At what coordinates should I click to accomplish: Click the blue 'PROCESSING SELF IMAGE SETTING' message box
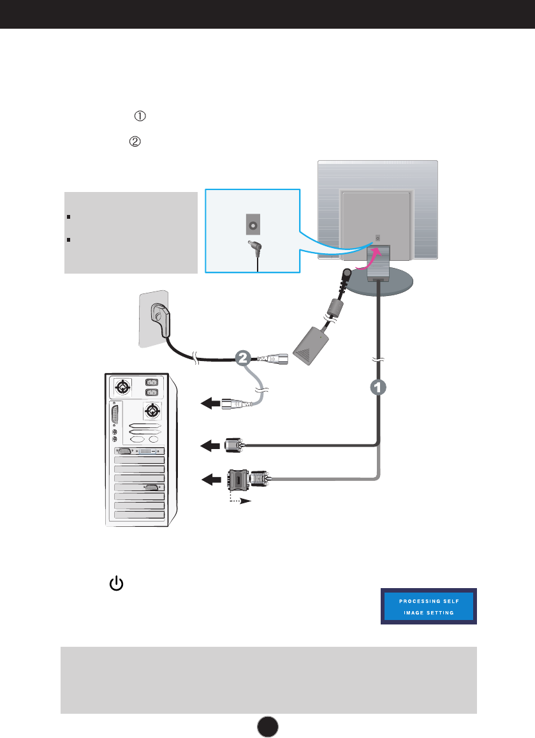(x=429, y=607)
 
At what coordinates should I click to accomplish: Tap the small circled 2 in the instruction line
(x=135, y=142)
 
